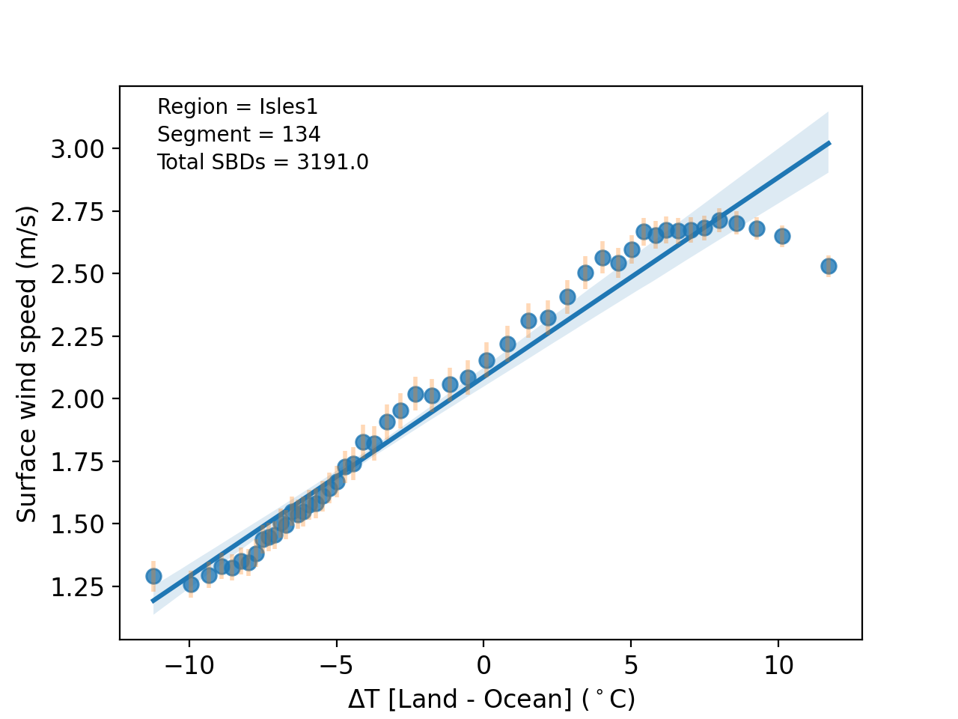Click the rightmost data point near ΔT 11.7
829,266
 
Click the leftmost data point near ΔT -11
153,576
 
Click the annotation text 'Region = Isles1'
237,107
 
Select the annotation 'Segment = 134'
239,135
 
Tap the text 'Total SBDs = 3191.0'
263,163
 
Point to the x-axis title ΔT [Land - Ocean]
491,700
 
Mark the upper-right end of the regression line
829,142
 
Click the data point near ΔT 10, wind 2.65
782,236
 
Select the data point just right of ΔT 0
486,360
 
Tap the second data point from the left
191,583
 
